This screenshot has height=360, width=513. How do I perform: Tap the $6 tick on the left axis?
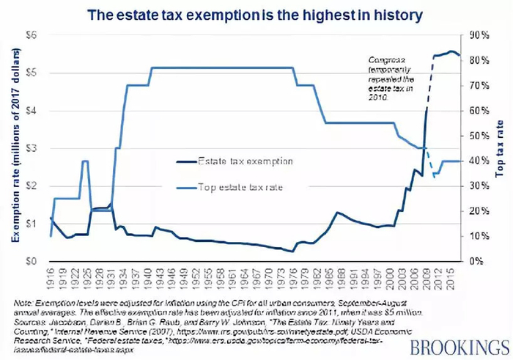coord(33,34)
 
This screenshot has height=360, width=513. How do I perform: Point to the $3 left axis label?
coord(33,148)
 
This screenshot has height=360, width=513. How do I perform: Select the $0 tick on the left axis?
coord(33,261)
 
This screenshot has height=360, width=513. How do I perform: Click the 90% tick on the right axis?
coord(479,34)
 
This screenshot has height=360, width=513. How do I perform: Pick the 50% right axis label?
coord(479,136)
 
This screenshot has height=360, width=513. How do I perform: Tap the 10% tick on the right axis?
coord(479,236)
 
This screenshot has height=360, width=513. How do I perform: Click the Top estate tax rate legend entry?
coord(240,188)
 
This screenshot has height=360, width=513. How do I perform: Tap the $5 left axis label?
coord(33,73)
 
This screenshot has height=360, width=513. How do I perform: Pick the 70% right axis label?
coord(479,85)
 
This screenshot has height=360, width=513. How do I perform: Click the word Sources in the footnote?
coord(30,321)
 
